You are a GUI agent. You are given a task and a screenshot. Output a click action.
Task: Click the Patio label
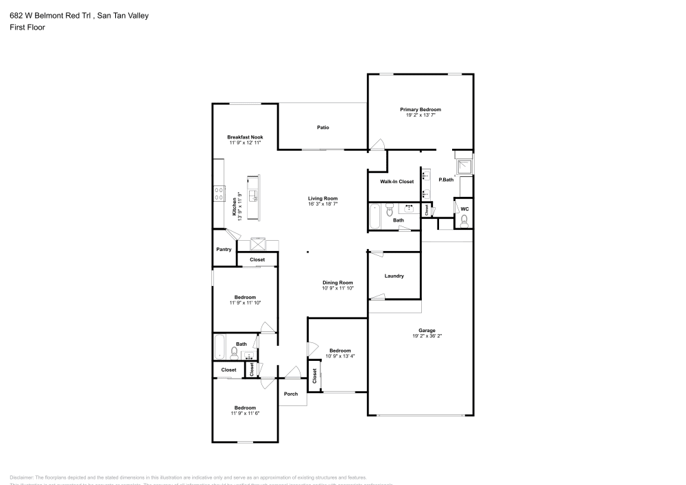tap(322, 128)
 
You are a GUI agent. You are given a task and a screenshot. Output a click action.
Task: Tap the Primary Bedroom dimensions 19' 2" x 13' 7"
tap(421, 115)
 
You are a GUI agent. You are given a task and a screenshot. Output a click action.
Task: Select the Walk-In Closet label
tap(397, 182)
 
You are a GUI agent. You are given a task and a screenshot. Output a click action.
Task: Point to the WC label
tap(464, 209)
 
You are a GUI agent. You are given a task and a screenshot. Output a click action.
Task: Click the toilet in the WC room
tap(464, 220)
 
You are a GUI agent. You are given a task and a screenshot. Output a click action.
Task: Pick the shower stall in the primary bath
tap(464, 165)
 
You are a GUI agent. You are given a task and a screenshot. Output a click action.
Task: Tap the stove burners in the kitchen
tap(220, 193)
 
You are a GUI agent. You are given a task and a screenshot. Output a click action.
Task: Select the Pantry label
tap(224, 249)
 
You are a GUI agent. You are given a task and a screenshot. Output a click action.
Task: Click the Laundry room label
tap(394, 276)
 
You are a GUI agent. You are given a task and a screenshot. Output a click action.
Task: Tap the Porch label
tap(291, 394)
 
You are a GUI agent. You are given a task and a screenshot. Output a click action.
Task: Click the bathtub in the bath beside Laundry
tap(375, 215)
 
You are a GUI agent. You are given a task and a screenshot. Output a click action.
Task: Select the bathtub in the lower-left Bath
tap(220, 348)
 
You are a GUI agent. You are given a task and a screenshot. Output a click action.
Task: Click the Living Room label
tap(322, 199)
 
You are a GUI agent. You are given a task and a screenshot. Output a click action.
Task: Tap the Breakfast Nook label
tap(245, 137)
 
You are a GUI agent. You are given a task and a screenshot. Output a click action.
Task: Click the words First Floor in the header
tap(27, 27)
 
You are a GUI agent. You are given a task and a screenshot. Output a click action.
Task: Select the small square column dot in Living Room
tap(307, 252)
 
